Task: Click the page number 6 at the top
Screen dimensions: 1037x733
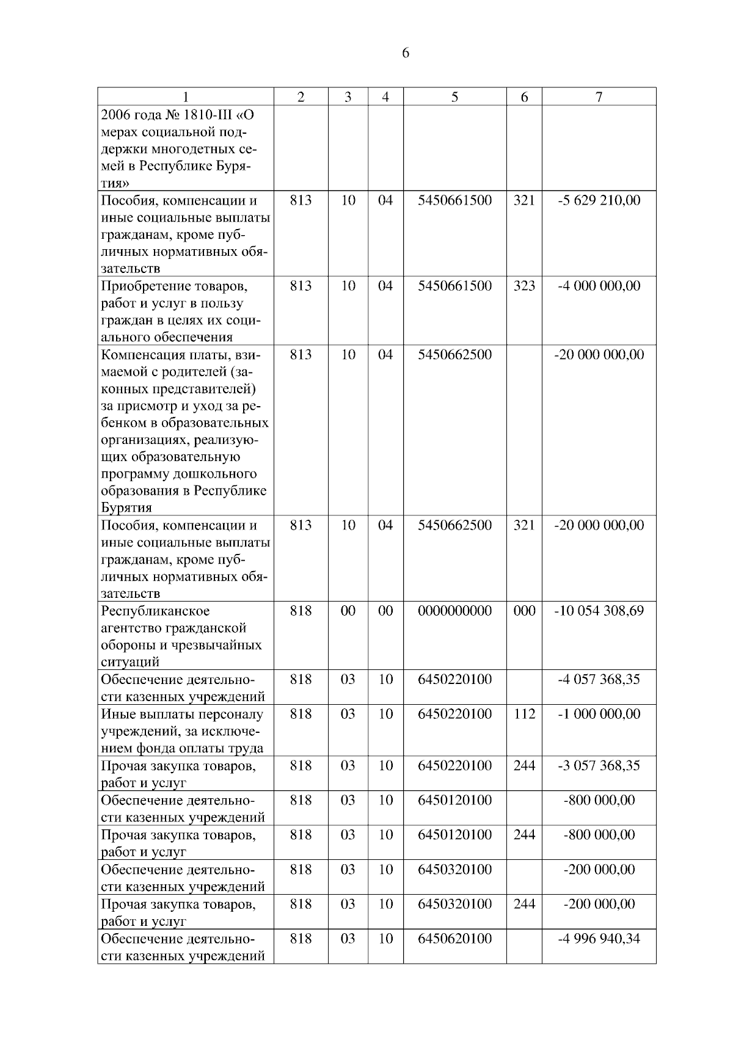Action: tap(406, 53)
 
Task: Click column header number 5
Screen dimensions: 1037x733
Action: tap(454, 96)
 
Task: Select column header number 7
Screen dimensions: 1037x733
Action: tap(599, 96)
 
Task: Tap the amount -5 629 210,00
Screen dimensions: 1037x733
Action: tap(599, 200)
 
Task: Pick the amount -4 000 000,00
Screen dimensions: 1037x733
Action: tap(599, 286)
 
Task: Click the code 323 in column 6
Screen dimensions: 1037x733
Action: tap(524, 286)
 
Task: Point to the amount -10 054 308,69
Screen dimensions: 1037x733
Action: tap(599, 611)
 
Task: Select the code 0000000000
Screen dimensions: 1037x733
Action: tap(454, 611)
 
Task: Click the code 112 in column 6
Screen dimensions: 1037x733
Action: tap(524, 714)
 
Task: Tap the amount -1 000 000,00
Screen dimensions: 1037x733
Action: tap(599, 714)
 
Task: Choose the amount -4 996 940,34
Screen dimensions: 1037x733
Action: tap(599, 939)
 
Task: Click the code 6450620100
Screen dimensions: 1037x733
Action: tap(454, 939)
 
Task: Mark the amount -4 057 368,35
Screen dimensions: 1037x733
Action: tap(599, 679)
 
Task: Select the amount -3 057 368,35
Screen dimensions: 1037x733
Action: tap(599, 765)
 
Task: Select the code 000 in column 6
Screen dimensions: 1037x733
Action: tap(524, 611)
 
